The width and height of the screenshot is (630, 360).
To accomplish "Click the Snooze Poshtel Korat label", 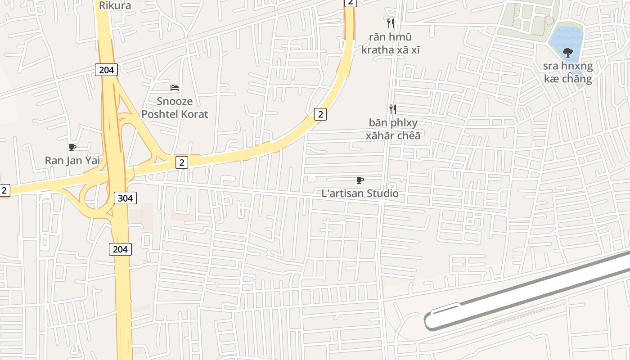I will coord(175,108).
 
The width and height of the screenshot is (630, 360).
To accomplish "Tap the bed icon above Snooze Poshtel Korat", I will coord(175,87).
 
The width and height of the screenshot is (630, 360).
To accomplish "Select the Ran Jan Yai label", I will coord(72,160).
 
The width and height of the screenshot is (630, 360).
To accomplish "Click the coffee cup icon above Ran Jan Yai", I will coord(72,147).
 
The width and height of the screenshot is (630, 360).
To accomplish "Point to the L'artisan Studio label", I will coord(360,193).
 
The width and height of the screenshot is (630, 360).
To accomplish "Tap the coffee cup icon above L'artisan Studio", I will coord(360,180).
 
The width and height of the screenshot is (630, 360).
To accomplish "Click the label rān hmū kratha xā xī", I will coord(391,43).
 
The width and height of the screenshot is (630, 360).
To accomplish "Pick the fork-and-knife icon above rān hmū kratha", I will coord(391,23).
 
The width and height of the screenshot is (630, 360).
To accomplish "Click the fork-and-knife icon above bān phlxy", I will coord(393,108).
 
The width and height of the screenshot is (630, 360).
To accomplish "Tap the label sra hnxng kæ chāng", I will coord(567,72).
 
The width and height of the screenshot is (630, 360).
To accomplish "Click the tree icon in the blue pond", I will coord(568,52).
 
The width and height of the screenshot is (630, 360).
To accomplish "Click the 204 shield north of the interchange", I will coord(106,70).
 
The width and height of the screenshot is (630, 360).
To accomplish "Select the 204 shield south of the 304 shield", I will coord(120,249).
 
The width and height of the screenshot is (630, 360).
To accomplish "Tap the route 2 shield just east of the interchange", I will coord(182,162).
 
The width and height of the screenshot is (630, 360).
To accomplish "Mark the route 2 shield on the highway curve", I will coord(320,114).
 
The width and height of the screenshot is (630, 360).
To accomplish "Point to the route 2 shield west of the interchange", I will coord(4,190).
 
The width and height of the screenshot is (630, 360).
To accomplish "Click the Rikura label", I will coord(115,5).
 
